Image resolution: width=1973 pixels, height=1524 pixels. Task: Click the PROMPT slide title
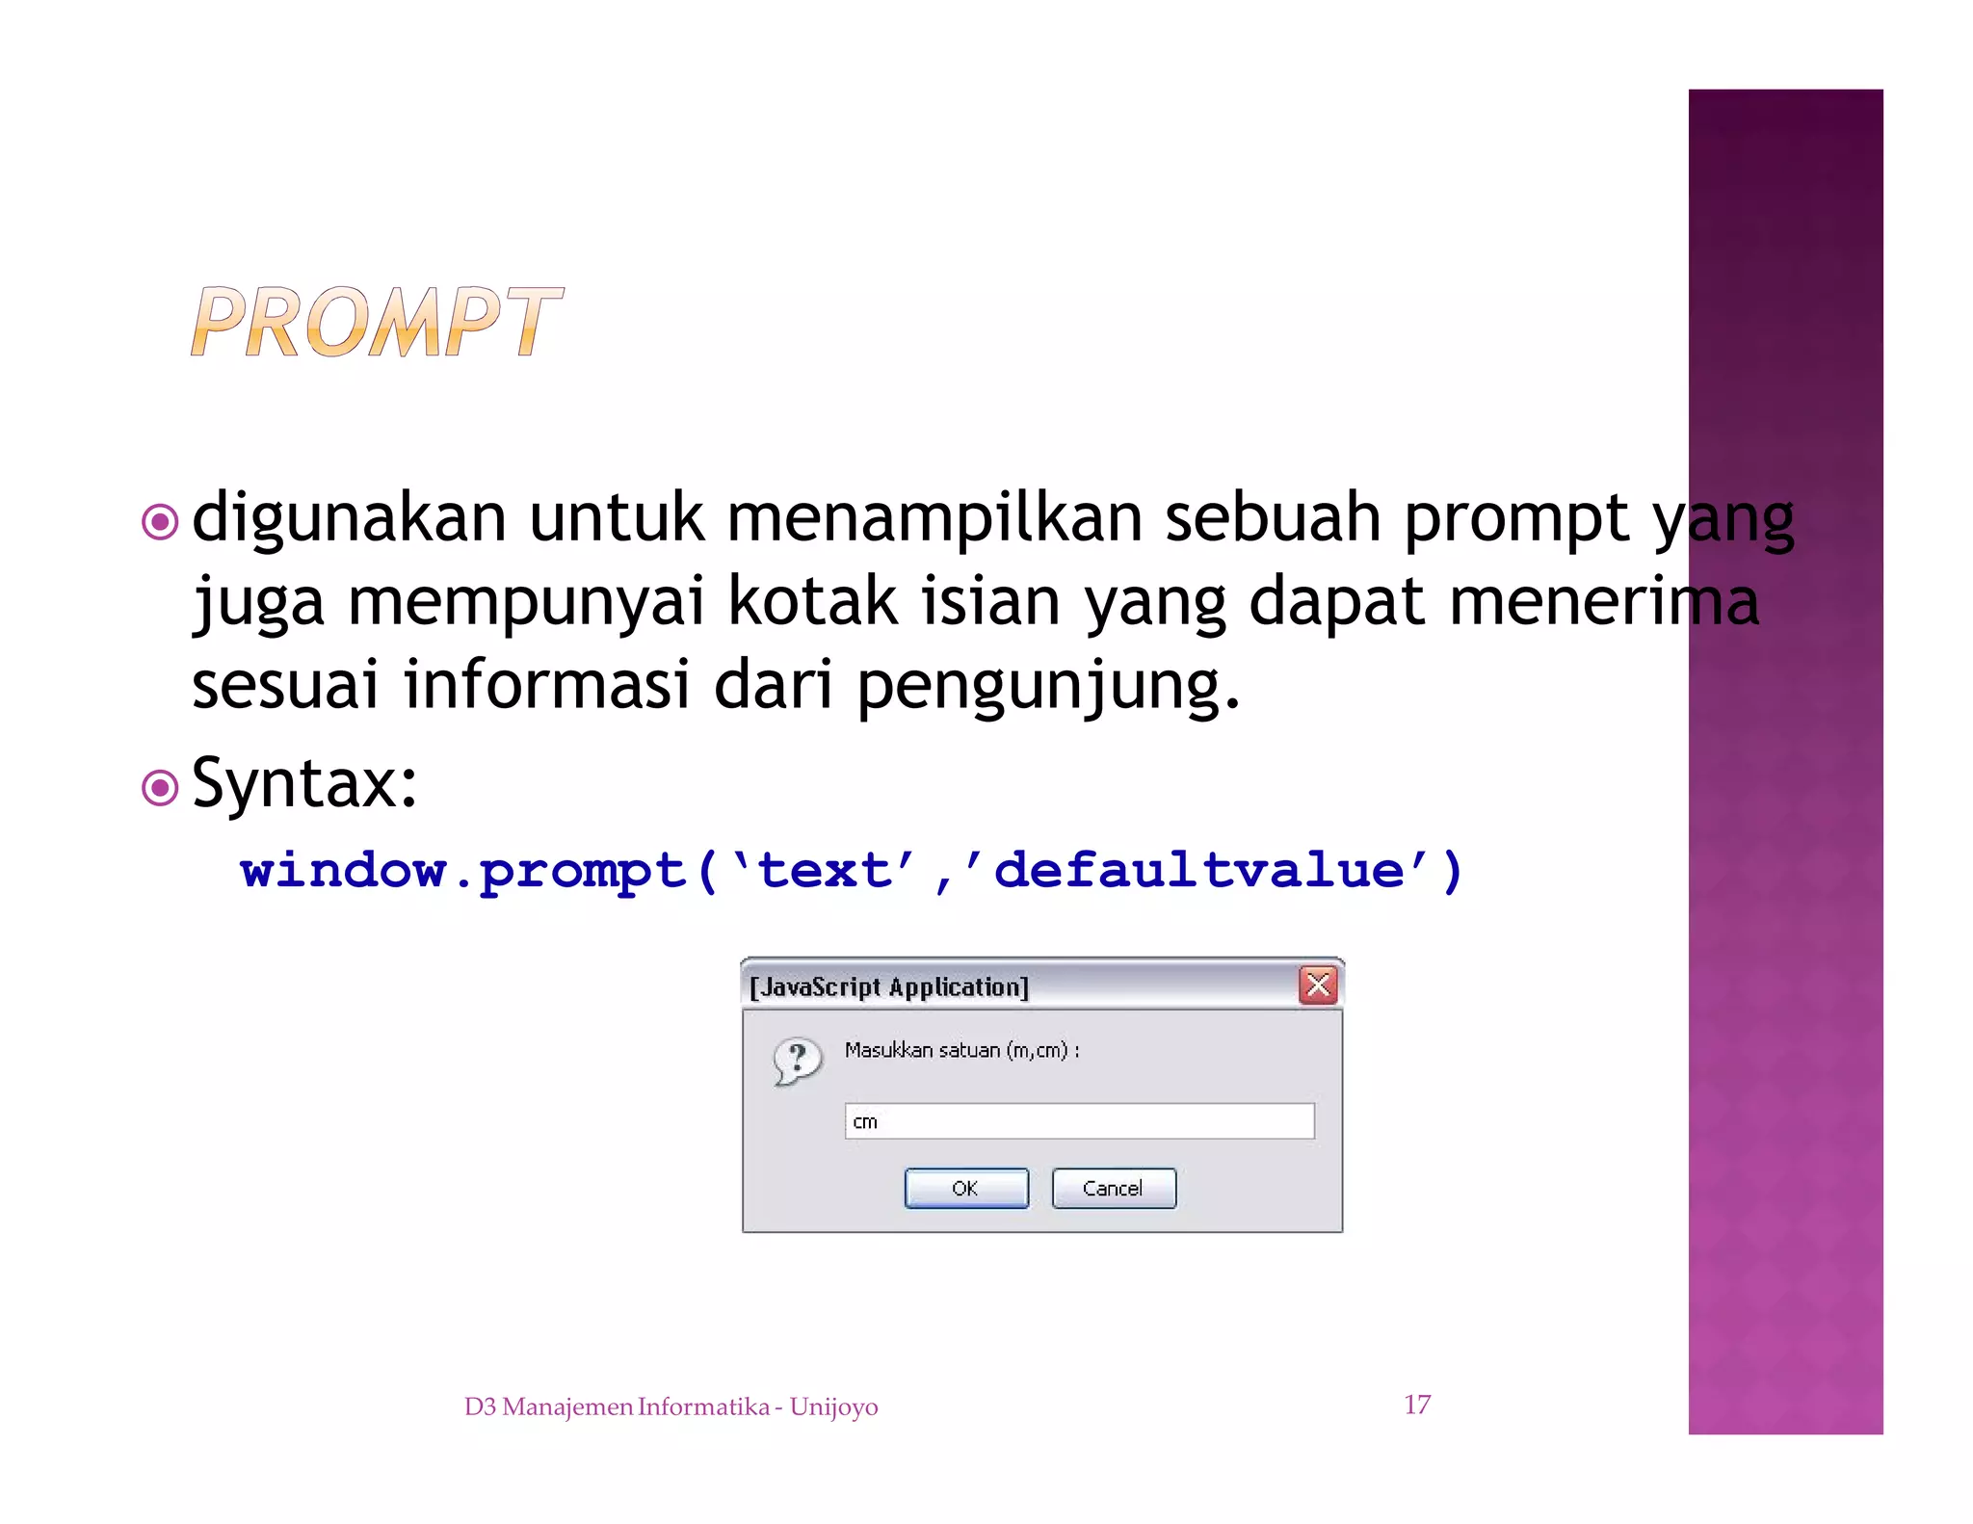pyautogui.click(x=376, y=322)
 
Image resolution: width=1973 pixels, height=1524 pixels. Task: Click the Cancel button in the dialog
pyautogui.click(x=1114, y=1188)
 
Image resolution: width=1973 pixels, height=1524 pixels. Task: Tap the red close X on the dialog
pyautogui.click(x=1318, y=985)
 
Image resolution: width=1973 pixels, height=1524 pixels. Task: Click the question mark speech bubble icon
pyautogui.click(x=798, y=1061)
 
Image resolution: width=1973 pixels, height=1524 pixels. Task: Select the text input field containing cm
pyautogui.click(x=1079, y=1121)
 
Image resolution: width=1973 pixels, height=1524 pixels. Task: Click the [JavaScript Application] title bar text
pyautogui.click(x=889, y=986)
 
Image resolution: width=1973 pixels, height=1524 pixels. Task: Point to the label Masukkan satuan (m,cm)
pyautogui.click(x=960, y=1050)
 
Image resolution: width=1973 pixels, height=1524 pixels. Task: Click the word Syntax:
pyautogui.click(x=304, y=783)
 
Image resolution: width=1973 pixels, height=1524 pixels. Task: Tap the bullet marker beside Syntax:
pyautogui.click(x=160, y=788)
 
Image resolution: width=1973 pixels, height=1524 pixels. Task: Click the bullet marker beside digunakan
pyautogui.click(x=160, y=522)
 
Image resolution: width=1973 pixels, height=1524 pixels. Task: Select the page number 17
pyautogui.click(x=1417, y=1405)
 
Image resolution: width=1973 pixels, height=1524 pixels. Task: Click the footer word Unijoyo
pyautogui.click(x=833, y=1407)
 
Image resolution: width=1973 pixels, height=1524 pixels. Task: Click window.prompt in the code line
pyautogui.click(x=462, y=871)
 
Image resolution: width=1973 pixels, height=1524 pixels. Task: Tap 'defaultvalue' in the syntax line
pyautogui.click(x=1210, y=871)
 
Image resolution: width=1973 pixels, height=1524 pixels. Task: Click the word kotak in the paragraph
pyautogui.click(x=811, y=602)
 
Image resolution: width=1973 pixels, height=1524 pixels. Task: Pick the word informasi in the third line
pyautogui.click(x=546, y=685)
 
